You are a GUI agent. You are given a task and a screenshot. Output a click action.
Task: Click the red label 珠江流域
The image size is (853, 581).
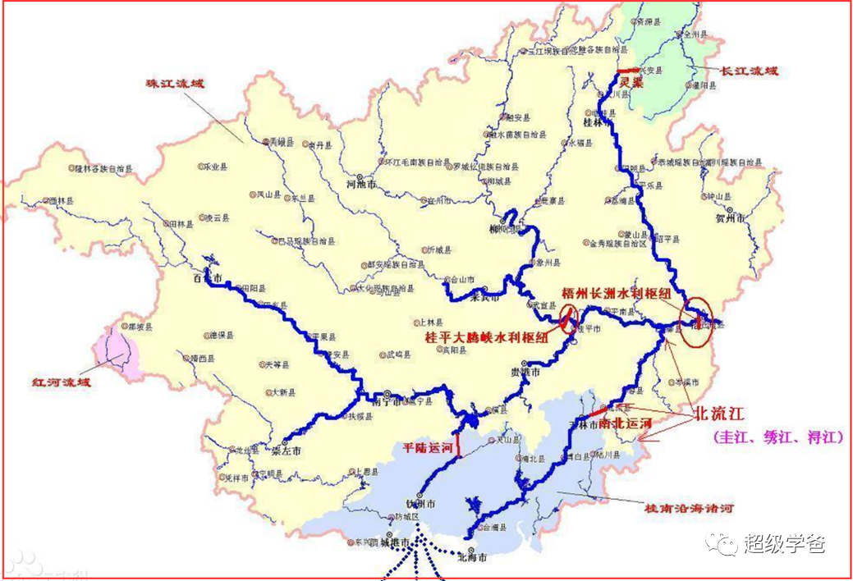(x=174, y=84)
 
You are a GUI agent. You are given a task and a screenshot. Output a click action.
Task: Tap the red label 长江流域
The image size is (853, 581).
(x=747, y=71)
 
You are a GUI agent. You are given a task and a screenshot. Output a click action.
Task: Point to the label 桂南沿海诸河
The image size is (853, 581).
(x=690, y=509)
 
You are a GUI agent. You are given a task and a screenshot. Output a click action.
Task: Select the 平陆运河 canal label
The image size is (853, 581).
(x=427, y=448)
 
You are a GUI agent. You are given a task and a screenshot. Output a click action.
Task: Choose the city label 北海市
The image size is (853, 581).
(x=472, y=557)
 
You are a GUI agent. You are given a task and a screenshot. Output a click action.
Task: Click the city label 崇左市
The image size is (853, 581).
(x=287, y=451)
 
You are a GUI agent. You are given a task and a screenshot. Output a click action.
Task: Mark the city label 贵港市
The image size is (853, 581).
(x=525, y=372)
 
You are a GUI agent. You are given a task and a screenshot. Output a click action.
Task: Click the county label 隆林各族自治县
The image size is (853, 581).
(x=103, y=169)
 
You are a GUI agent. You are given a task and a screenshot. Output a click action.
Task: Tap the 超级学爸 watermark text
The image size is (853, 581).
(x=784, y=542)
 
